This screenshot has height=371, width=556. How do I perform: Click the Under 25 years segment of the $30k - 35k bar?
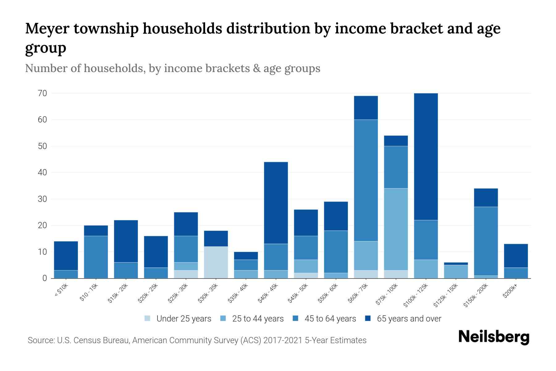[216, 262]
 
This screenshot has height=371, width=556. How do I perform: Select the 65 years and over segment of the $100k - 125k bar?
[426, 156]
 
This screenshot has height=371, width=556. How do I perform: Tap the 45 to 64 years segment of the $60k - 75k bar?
[366, 180]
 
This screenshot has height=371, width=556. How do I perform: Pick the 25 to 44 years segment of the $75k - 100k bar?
[396, 229]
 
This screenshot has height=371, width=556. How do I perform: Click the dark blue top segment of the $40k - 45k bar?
[276, 203]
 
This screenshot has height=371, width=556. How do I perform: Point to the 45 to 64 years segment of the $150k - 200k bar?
[486, 241]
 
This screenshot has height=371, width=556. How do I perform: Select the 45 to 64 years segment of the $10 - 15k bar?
[96, 257]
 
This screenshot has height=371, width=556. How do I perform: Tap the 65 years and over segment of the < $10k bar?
[66, 256]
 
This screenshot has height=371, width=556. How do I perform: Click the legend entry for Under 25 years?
[178, 319]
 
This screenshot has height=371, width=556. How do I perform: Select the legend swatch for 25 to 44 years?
[223, 318]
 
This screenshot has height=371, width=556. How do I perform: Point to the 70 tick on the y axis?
[42, 93]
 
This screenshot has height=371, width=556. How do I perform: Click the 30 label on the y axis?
[42, 199]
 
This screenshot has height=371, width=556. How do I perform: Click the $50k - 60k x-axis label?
[328, 293]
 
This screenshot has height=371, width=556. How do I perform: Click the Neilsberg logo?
[494, 337]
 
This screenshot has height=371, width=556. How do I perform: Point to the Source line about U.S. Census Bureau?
[197, 340]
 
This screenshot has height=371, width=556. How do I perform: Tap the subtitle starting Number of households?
[172, 68]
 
